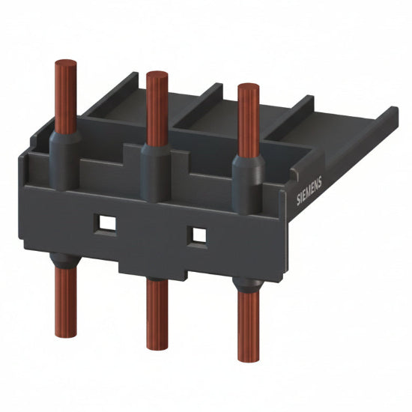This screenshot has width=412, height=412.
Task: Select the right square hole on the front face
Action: pos(199,234)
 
